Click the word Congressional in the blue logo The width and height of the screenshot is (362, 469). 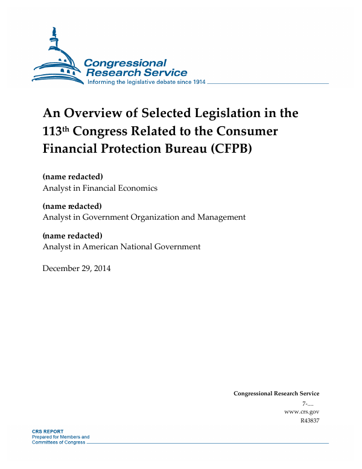pyautogui.click(x=125, y=63)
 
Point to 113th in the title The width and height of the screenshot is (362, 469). pyautogui.click(x=56, y=130)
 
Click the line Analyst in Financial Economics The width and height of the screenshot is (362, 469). pyautogui.click(x=100, y=188)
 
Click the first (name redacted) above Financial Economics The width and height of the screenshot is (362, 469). pyautogui.click(x=72, y=177)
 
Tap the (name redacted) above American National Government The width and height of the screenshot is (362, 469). pyautogui.click(x=72, y=235)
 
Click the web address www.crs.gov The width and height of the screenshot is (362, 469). pyautogui.click(x=301, y=411)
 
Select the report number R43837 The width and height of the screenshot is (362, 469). pyautogui.click(x=309, y=420)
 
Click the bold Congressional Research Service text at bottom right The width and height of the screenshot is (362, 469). pyautogui.click(x=276, y=394)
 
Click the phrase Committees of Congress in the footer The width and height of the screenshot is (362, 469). pyautogui.click(x=59, y=442)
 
